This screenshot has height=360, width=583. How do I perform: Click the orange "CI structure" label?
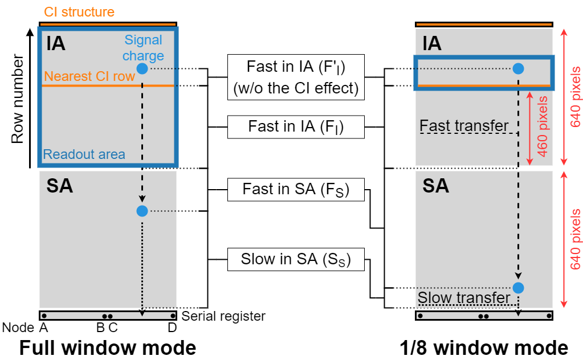[79, 11]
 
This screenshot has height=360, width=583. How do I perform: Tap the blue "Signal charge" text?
[143, 48]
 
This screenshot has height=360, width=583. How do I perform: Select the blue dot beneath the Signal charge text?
[142, 69]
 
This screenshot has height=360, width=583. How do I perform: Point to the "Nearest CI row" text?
[89, 76]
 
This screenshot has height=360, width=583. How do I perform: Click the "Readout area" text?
[84, 154]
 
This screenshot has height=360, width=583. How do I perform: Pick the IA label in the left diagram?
[55, 43]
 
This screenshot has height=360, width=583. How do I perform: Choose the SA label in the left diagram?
[59, 186]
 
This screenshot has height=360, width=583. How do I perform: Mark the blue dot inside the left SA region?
[142, 211]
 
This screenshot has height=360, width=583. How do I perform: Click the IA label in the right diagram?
[431, 43]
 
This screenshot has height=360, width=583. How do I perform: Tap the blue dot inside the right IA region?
[518, 69]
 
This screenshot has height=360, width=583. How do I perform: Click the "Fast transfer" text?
[464, 125]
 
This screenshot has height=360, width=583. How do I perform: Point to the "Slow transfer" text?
[464, 298]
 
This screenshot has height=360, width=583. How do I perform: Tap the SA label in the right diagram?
[435, 186]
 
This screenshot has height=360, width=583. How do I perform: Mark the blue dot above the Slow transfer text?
[518, 288]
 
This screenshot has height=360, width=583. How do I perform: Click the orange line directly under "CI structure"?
[108, 24]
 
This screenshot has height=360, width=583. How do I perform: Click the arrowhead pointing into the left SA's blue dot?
[142, 202]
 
